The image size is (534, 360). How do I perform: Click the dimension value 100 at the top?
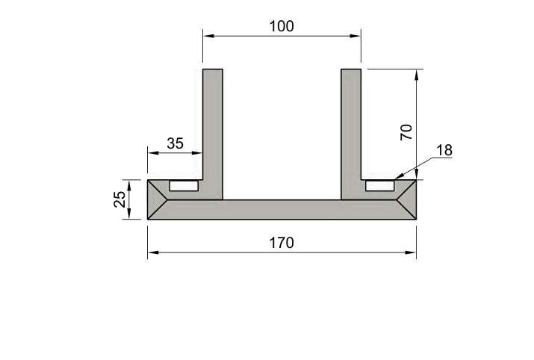282,26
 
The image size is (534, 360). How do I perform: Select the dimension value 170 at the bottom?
282,243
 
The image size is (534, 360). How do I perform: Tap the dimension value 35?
175,143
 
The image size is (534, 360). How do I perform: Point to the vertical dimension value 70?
406,132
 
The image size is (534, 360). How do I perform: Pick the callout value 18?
444,150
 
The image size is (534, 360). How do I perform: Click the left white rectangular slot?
184,184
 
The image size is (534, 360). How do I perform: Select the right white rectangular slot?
379,184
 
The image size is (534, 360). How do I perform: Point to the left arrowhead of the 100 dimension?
208,35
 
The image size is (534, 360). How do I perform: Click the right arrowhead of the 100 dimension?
356,35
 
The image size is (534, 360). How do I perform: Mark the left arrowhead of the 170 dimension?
152,252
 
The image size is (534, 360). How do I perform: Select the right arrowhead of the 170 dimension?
412,252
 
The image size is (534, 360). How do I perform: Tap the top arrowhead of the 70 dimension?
417,73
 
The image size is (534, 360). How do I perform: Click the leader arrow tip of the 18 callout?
395,177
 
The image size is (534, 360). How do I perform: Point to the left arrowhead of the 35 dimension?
152,152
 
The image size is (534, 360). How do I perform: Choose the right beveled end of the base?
408,199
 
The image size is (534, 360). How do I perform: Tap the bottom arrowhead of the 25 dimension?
130,214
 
